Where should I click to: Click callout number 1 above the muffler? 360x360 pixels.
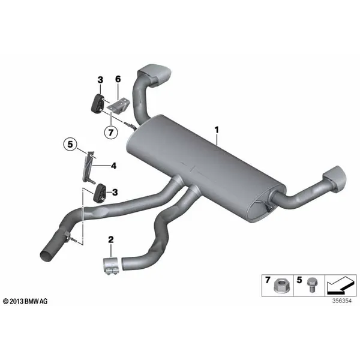pyautogui.click(x=217, y=130)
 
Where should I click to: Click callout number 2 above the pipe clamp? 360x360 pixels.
pyautogui.click(x=111, y=239)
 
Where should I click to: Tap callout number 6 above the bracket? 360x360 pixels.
pyautogui.click(x=118, y=79)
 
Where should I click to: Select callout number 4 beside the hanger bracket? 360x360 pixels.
pyautogui.click(x=113, y=166)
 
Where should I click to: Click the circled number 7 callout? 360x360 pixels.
pyautogui.click(x=111, y=133)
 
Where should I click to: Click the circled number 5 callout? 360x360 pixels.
pyautogui.click(x=70, y=145)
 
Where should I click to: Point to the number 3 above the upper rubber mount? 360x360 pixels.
pyautogui.click(x=100, y=80)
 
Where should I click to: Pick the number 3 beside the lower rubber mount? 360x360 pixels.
pyautogui.click(x=115, y=192)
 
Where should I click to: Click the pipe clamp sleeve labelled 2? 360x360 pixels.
pyautogui.click(x=110, y=265)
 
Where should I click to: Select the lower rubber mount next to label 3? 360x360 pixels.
pyautogui.click(x=100, y=193)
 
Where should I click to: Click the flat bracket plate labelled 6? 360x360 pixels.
pyautogui.click(x=118, y=105)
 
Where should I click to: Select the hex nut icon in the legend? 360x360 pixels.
pyautogui.click(x=281, y=286)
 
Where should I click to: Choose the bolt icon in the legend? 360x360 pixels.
pyautogui.click(x=312, y=284)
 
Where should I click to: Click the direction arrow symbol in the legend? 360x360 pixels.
pyautogui.click(x=341, y=286)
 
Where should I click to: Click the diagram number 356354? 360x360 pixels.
pyautogui.click(x=341, y=301)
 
